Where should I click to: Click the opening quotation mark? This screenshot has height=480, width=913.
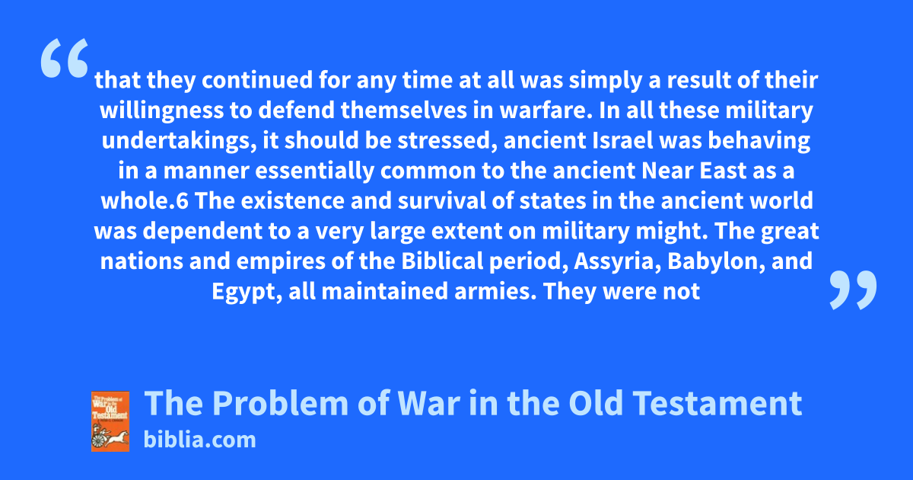click(x=65, y=58)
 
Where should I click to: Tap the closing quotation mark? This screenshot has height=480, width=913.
click(x=853, y=290)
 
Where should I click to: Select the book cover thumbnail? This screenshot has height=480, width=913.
click(x=110, y=421)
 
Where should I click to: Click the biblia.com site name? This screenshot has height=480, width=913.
click(x=199, y=440)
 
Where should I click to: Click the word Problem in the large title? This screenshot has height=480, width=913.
click(x=281, y=403)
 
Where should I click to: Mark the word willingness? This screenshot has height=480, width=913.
click(x=162, y=111)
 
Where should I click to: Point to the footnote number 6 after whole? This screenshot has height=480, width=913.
click(x=183, y=201)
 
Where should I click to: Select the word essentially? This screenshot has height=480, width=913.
click(x=315, y=171)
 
